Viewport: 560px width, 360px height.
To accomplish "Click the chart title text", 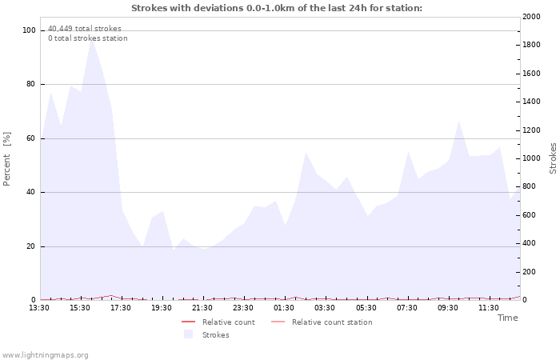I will (x=276, y=8).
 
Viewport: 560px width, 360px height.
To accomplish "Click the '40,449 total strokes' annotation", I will (x=85, y=29).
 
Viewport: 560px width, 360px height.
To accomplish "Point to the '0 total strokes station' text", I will (x=87, y=38).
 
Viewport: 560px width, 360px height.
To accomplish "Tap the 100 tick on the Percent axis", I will (x=30, y=30).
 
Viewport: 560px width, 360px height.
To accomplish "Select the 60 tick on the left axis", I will (x=32, y=138).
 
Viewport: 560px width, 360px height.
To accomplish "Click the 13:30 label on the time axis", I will (x=39, y=308).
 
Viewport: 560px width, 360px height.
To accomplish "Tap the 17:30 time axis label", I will (x=121, y=308).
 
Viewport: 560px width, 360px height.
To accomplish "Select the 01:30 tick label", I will (x=284, y=308).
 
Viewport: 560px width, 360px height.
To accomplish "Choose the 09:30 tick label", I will (x=448, y=308).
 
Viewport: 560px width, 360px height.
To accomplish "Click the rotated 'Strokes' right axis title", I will (x=553, y=158).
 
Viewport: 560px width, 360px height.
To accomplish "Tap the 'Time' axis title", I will (x=507, y=318).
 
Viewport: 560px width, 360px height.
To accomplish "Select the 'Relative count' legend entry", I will (x=228, y=322).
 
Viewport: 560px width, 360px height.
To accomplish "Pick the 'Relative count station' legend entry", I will (x=331, y=322).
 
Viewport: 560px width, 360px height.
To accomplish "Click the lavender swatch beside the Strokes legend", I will (x=189, y=334).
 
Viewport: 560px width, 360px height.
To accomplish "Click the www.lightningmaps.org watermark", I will (x=45, y=355).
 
